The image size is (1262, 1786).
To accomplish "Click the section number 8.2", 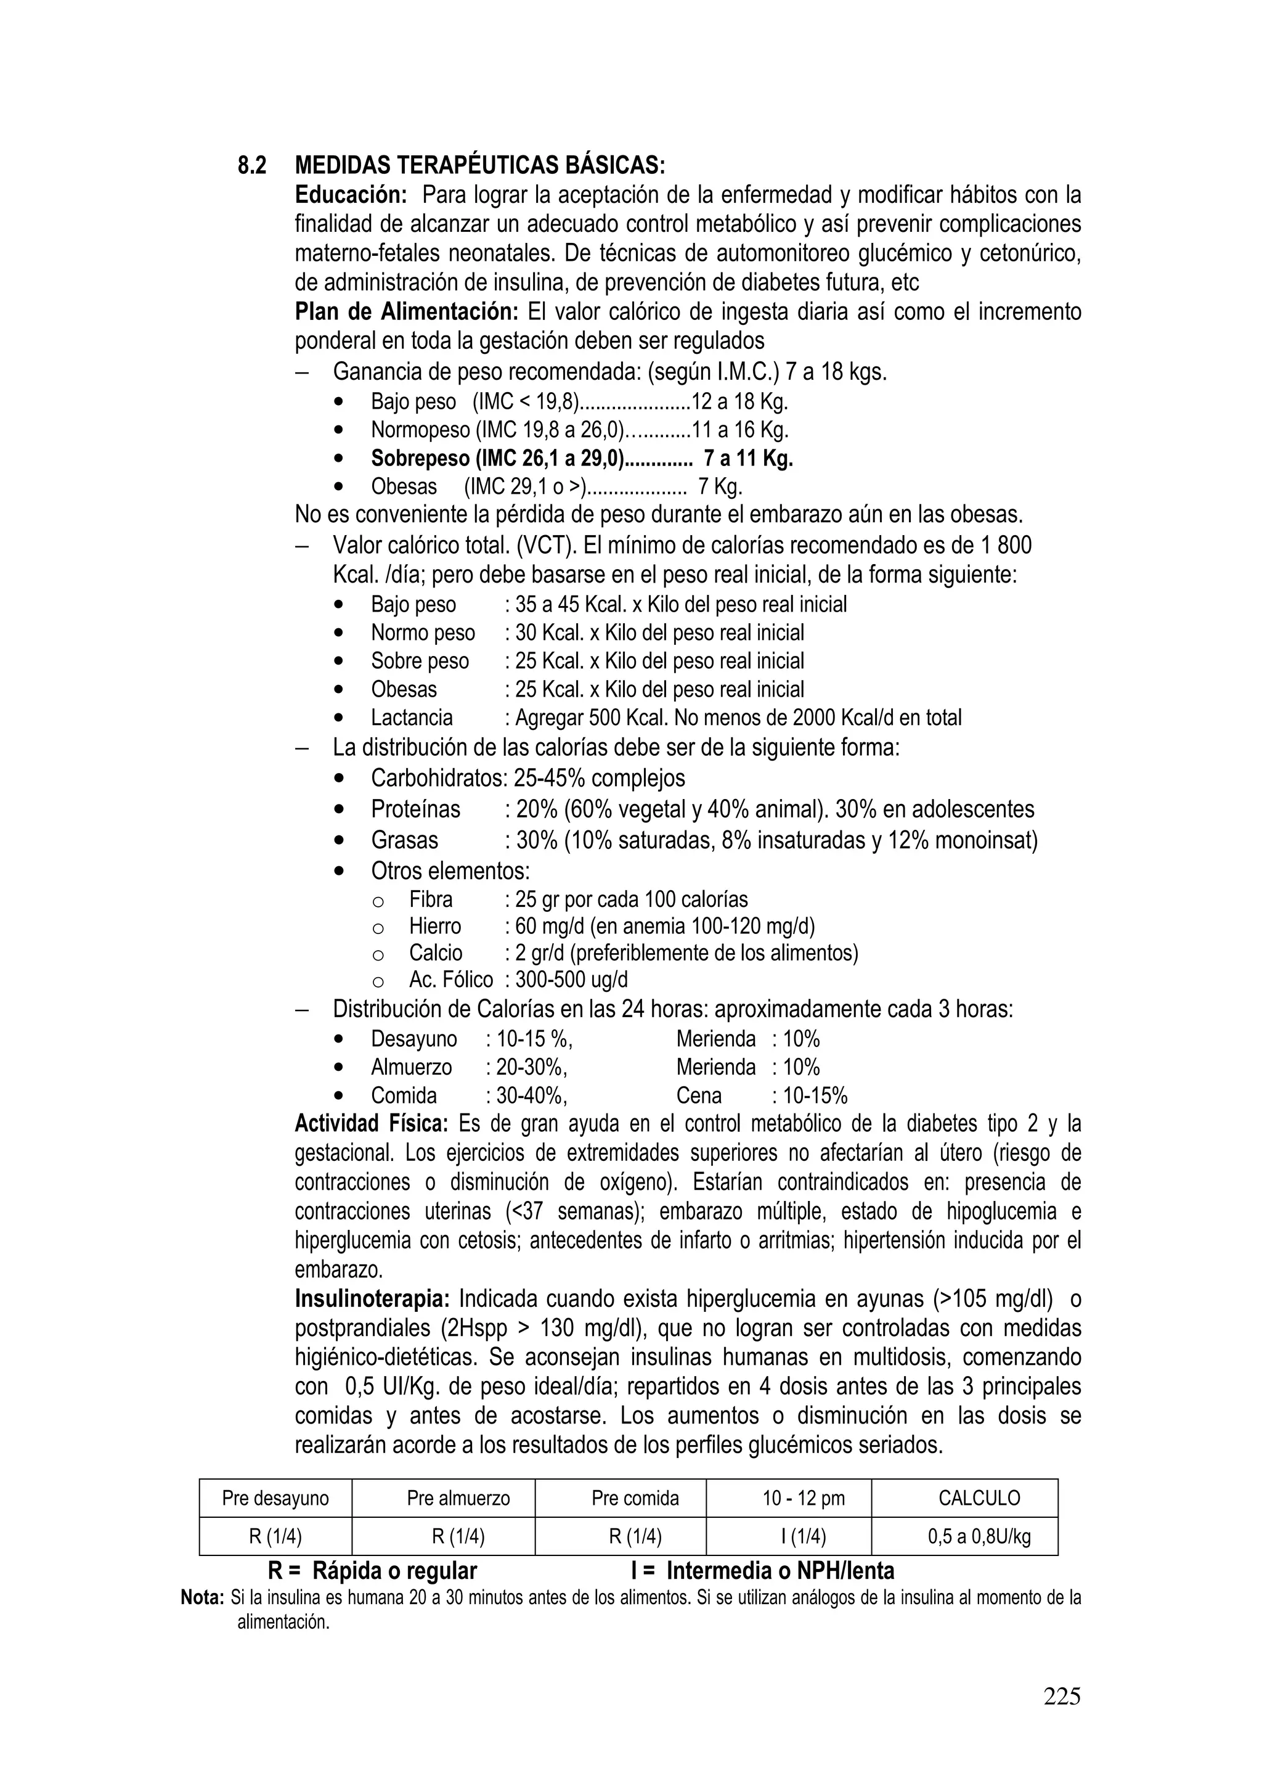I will pyautogui.click(x=251, y=166).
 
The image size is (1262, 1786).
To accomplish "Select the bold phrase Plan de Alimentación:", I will pyautogui.click(x=406, y=312).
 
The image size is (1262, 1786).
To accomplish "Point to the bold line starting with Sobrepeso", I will pyautogui.click(x=581, y=458).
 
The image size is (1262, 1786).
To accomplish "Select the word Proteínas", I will pyautogui.click(x=415, y=809).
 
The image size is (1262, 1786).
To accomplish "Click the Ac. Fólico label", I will pyautogui.click(x=451, y=980).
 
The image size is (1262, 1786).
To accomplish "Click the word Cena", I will pyautogui.click(x=698, y=1096).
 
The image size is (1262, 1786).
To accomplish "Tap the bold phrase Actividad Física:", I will pyautogui.click(x=371, y=1124).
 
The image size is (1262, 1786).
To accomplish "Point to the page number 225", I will pyautogui.click(x=1061, y=1697).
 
